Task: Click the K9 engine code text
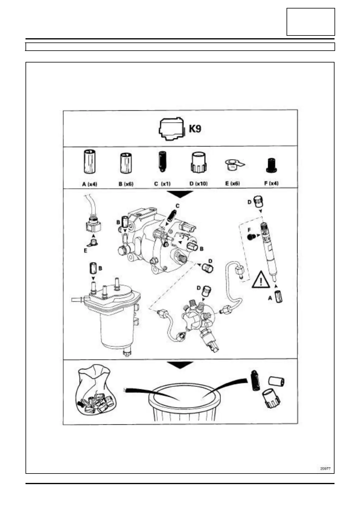coord(195,129)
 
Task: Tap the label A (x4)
coord(90,184)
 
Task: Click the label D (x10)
coord(199,184)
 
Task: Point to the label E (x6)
coord(233,184)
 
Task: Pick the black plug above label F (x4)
coord(271,166)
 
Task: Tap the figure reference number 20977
coord(325,468)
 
